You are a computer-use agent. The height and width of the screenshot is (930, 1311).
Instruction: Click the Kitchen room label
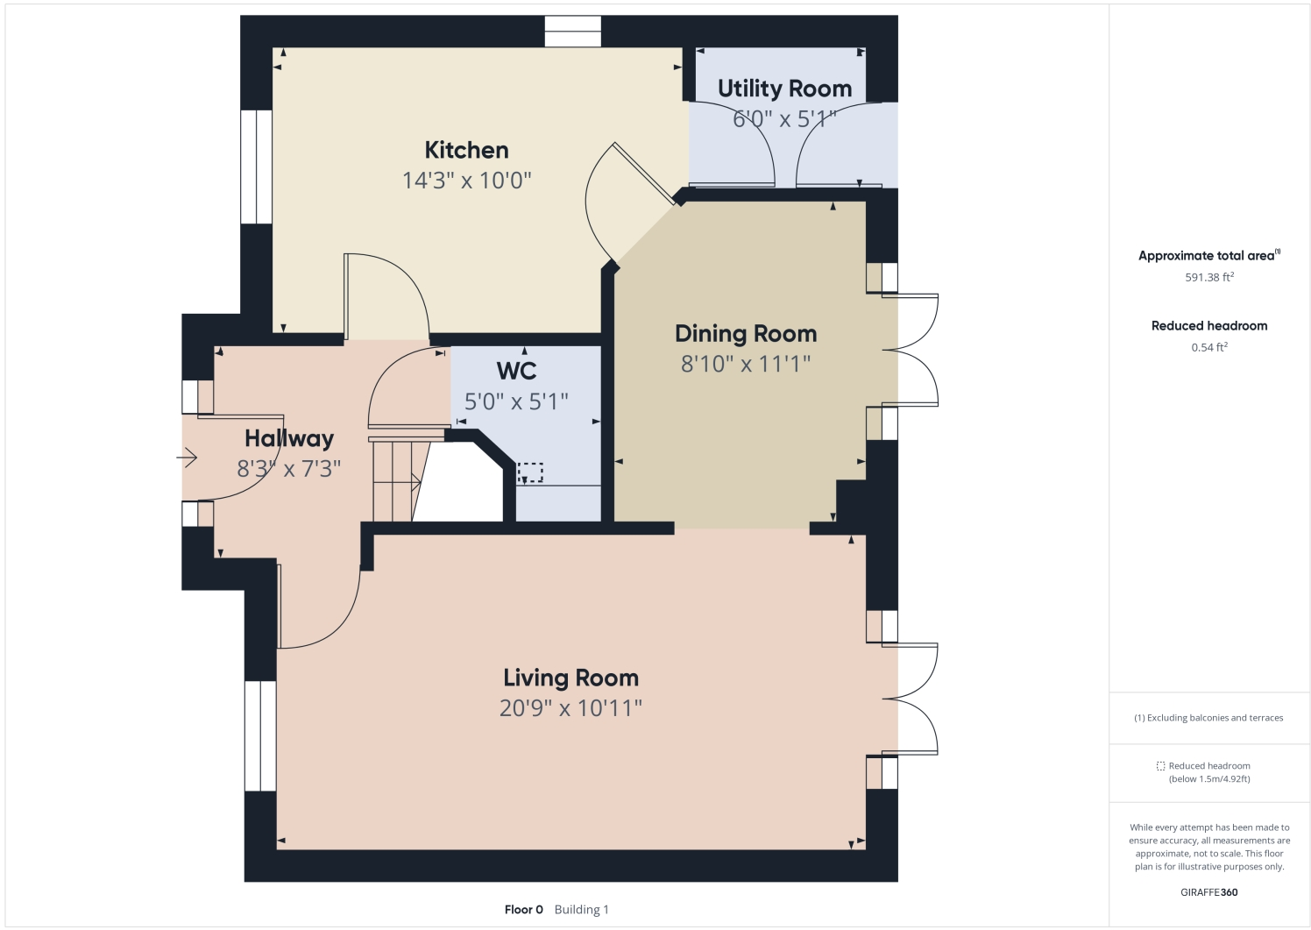pyautogui.click(x=466, y=150)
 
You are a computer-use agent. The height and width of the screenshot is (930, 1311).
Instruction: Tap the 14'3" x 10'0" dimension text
pyautogui.click(x=466, y=181)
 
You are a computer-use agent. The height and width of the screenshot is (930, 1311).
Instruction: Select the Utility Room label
pyautogui.click(x=784, y=89)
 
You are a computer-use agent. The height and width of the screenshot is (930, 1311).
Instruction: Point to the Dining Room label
pyautogui.click(x=746, y=334)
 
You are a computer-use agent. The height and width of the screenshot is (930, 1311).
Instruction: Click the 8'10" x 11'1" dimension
pyautogui.click(x=746, y=364)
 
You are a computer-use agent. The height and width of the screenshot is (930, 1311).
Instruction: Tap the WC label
pyautogui.click(x=516, y=371)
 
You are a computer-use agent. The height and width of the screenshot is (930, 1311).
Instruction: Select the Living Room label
pyautogui.click(x=570, y=678)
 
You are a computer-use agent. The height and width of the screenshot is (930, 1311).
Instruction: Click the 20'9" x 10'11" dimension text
pyautogui.click(x=570, y=708)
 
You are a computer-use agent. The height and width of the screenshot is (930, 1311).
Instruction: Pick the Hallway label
pyautogui.click(x=289, y=438)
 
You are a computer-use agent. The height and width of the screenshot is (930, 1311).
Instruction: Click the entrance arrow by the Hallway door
pyautogui.click(x=188, y=458)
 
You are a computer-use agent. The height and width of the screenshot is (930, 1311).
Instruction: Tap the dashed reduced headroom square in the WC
pyautogui.click(x=530, y=472)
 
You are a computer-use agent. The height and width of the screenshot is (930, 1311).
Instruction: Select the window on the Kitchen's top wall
pyautogui.click(x=572, y=32)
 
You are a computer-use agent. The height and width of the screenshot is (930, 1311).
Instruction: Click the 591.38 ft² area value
pyautogui.click(x=1209, y=277)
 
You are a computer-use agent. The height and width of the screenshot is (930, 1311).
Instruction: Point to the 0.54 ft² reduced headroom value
pyautogui.click(x=1209, y=347)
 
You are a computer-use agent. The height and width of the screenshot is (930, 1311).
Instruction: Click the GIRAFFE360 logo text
pyautogui.click(x=1209, y=892)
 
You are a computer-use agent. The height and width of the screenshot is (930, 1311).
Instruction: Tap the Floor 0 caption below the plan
pyautogui.click(x=524, y=909)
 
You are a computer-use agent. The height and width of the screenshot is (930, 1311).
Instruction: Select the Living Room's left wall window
pyautogui.click(x=260, y=735)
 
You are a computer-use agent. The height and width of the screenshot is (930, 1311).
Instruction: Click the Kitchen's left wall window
pyautogui.click(x=257, y=167)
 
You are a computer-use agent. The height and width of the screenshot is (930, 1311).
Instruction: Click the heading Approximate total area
pyautogui.click(x=1208, y=256)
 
